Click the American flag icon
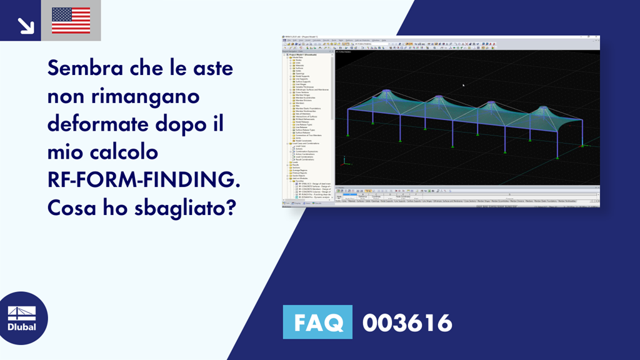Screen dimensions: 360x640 (71, 21)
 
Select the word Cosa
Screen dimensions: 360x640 (71, 206)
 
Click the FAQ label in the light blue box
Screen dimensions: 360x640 (317, 322)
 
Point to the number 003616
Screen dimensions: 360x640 (407, 322)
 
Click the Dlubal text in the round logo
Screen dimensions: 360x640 (21, 327)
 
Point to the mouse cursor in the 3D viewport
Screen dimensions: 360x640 (463, 85)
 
